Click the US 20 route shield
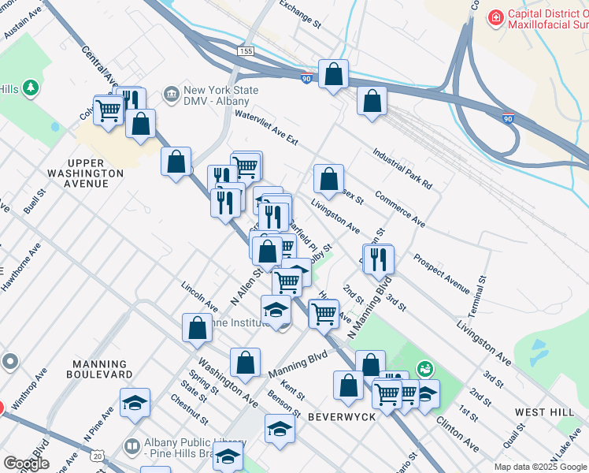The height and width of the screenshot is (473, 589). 97,456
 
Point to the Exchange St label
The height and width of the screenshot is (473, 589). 300,13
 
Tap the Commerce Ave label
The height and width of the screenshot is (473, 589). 400,209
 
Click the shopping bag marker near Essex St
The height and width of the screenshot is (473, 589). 328,178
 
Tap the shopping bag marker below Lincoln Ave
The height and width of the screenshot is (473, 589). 197,327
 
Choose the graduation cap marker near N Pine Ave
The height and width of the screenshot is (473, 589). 135,402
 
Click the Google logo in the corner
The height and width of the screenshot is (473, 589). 26,464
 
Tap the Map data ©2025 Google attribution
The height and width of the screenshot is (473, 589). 540,467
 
